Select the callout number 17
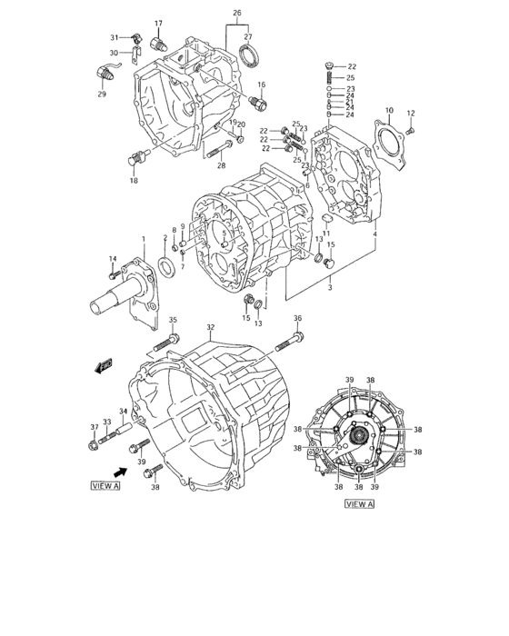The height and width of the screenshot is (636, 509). (157, 24)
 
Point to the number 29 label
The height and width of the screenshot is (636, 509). (101, 94)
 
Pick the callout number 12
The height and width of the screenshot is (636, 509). (410, 114)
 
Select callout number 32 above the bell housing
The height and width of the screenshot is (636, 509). (210, 327)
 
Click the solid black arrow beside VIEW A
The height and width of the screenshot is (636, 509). (119, 472)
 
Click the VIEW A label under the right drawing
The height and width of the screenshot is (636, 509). (359, 503)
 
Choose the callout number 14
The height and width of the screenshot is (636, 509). (114, 259)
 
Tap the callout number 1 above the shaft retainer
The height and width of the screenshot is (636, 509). (143, 239)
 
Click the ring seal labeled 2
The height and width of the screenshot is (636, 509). (166, 266)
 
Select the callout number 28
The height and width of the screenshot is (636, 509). (220, 166)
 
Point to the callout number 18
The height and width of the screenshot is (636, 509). (134, 181)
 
